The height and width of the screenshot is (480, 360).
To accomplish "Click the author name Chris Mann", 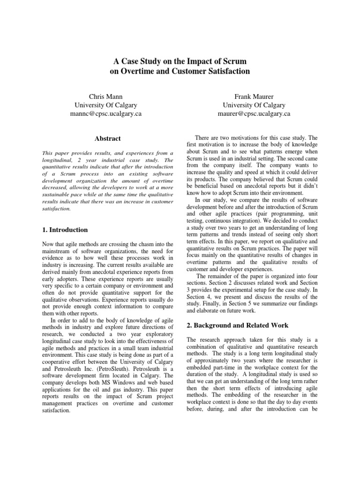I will tap(105, 96).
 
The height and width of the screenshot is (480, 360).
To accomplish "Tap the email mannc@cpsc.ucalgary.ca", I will tap(106, 114).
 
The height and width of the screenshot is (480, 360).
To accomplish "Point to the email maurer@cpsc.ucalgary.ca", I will tap(254, 114).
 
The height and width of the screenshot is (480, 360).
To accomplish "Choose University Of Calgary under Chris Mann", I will tap(106, 105).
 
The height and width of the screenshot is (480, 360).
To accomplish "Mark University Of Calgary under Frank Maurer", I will tap(254, 105).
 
